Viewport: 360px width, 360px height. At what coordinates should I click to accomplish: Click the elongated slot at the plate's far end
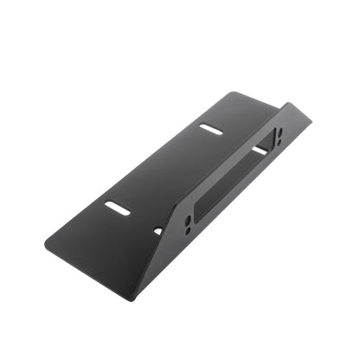pyautogui.click(x=210, y=128)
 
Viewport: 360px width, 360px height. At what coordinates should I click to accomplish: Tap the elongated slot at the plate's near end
pyautogui.click(x=118, y=208)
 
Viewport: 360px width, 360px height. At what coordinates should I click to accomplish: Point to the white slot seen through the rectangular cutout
pyautogui.click(x=260, y=151)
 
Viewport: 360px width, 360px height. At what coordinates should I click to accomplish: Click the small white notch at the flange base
pyautogui.click(x=157, y=231)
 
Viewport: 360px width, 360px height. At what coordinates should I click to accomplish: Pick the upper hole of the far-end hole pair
pyautogui.click(x=280, y=132)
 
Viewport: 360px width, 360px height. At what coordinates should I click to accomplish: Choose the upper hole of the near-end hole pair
pyautogui.click(x=189, y=221)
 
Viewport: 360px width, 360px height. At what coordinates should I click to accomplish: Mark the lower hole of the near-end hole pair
pyautogui.click(x=187, y=230)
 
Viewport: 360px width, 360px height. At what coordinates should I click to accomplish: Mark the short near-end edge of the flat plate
pyautogui.click(x=87, y=270)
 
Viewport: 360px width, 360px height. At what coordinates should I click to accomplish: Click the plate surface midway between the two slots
pyautogui.click(x=164, y=169)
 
